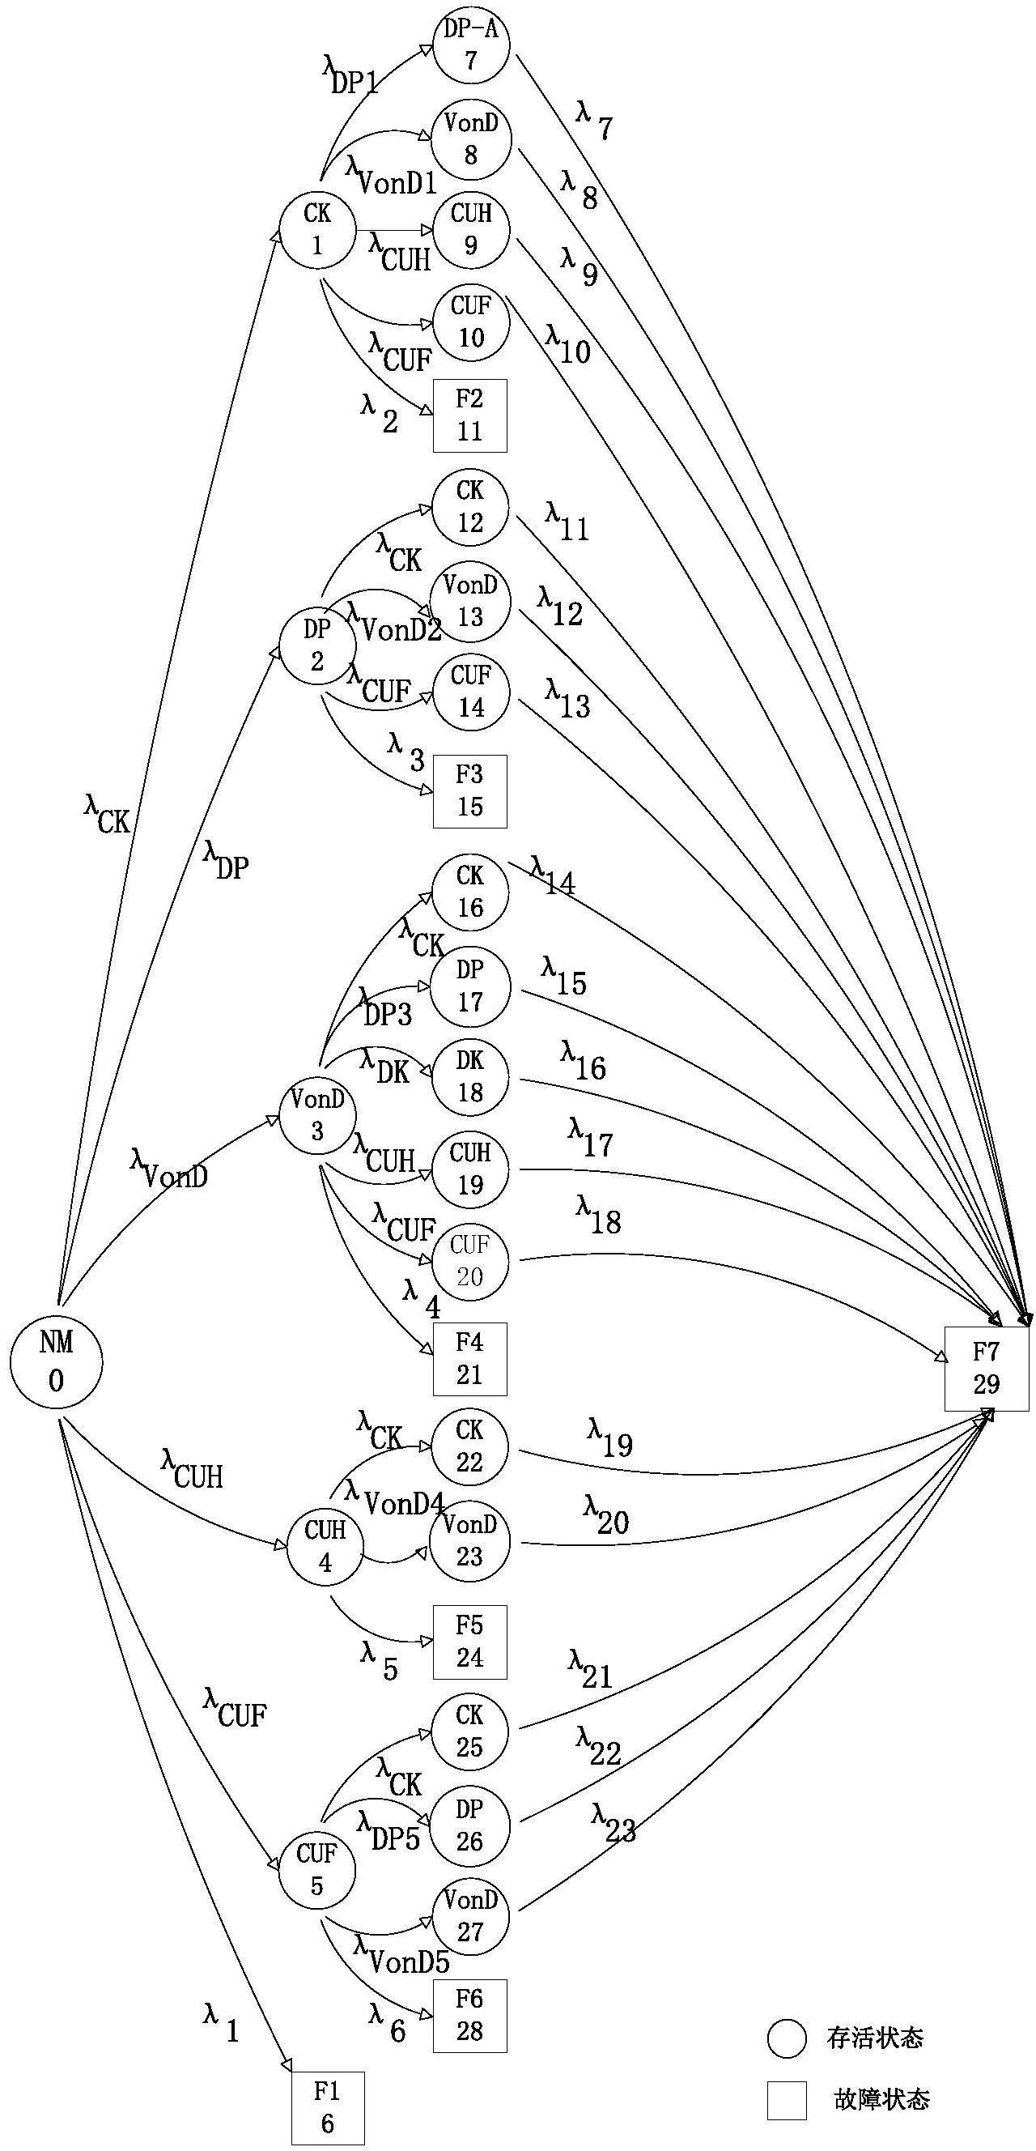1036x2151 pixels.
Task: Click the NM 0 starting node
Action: coord(56,1361)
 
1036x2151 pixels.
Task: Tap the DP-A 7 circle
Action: coord(471,45)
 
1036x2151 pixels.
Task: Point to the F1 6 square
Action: coord(327,2107)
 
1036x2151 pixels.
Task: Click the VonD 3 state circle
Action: coord(317,1115)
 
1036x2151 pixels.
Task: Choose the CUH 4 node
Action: coord(325,1548)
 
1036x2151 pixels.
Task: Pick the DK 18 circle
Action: coord(470,1077)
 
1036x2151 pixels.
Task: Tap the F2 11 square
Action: coord(470,415)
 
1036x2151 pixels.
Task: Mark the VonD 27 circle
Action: coord(470,1916)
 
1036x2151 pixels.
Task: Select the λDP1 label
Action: coord(350,75)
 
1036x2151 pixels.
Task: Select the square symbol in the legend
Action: coord(787,2100)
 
